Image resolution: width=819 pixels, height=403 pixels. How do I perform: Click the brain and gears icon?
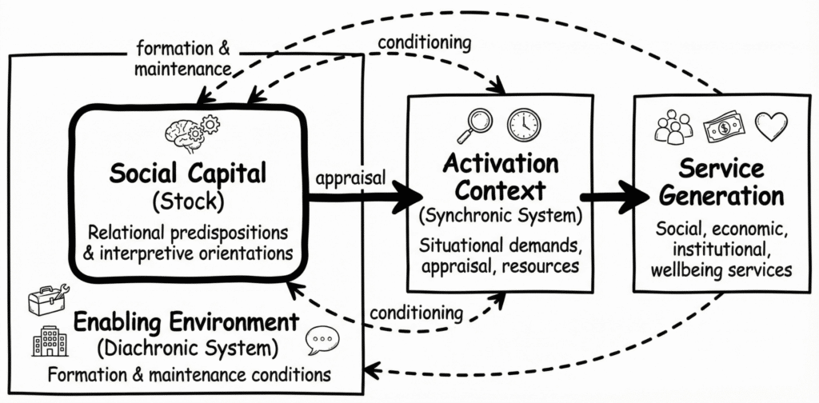point(191,133)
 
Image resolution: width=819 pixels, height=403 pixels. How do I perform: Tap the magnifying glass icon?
point(475,124)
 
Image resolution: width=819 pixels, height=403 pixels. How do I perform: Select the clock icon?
point(524,125)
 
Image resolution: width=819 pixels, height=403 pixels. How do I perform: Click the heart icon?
point(771,126)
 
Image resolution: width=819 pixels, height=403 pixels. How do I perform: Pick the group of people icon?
point(674,127)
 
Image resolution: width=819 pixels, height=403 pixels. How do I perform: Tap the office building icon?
point(50,341)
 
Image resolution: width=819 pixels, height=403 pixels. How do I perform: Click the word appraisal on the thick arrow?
point(350,178)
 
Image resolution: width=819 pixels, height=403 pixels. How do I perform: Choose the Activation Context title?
point(500,178)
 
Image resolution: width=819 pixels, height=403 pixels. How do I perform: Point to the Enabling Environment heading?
point(186,324)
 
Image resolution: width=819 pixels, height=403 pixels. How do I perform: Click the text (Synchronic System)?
point(500,214)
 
